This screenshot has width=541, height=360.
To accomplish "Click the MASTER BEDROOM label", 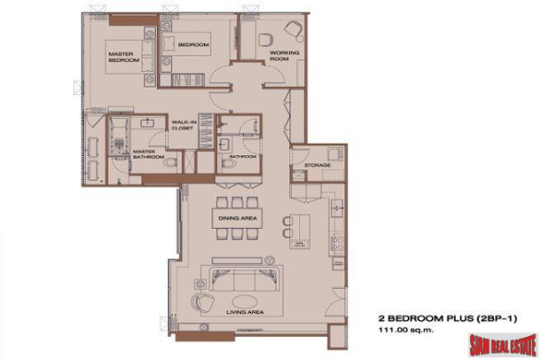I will pos(121,58).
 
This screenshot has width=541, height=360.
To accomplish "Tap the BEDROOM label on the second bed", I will pos(192,45).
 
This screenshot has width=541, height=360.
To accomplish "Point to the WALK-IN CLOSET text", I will pos(184,125).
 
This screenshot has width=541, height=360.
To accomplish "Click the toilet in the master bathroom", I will pos(169,162).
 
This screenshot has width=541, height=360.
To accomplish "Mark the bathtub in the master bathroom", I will pos(117,137).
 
